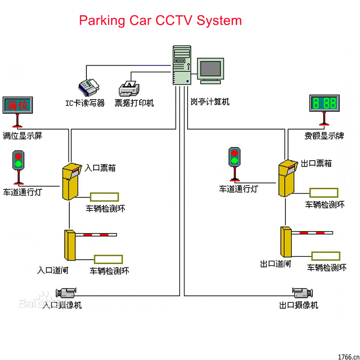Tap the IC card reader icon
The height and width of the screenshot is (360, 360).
(x=89, y=85)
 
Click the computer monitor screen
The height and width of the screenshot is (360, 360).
(x=211, y=69)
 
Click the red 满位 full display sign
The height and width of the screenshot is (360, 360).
(x=17, y=105)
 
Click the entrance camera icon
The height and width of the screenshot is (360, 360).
(x=65, y=292)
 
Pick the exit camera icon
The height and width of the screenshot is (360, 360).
(x=302, y=292)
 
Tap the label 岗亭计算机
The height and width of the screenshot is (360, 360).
(x=210, y=102)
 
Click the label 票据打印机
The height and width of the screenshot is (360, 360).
(x=134, y=103)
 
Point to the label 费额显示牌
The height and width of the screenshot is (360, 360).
(x=324, y=135)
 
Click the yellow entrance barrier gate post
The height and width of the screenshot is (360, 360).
(x=70, y=246)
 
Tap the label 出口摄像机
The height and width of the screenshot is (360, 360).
(x=299, y=305)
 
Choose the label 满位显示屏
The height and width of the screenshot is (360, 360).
(x=22, y=135)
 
